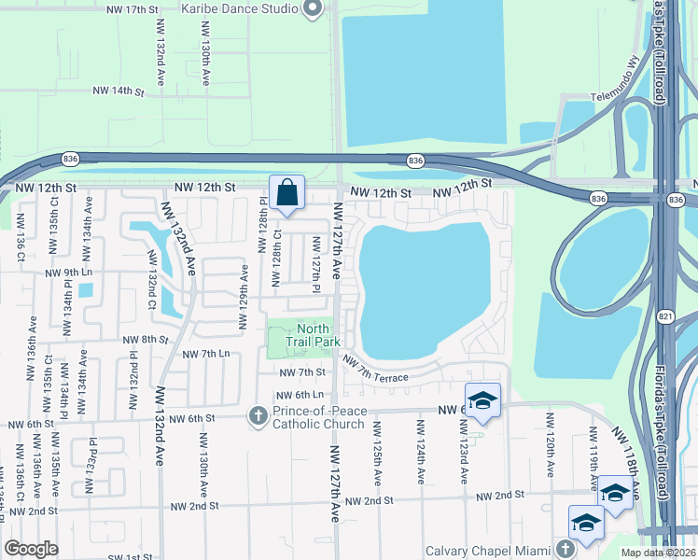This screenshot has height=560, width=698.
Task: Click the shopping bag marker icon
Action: [287, 193]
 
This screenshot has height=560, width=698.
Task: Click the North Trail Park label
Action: [312, 335]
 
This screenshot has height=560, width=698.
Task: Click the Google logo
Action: [31, 549]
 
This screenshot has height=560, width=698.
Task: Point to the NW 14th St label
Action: [119, 92]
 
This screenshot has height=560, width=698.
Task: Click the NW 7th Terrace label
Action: [375, 369]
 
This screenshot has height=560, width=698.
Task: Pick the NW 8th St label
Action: [145, 340]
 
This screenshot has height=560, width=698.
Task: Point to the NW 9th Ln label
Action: [70, 273]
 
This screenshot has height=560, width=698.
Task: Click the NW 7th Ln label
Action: [205, 354]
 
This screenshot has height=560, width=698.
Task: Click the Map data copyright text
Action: [656, 553]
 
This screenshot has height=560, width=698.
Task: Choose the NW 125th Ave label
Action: [378, 453]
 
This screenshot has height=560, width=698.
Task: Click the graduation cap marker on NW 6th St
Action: [482, 400]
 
